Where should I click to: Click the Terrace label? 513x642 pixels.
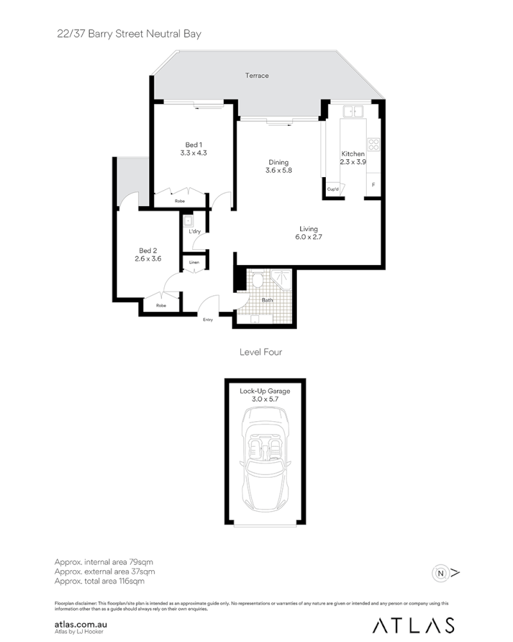256,76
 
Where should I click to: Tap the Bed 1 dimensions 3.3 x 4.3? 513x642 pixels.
193,153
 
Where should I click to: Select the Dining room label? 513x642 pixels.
278,162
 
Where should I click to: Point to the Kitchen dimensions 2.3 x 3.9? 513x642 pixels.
353,162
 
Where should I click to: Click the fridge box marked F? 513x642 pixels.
374,185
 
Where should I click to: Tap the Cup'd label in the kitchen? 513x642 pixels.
332,189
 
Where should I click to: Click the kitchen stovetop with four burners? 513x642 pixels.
374,144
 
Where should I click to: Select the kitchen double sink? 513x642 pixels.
353,112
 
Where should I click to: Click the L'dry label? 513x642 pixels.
194,231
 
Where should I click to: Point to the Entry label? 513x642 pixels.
208,319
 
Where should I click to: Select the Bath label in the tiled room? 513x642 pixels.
267,300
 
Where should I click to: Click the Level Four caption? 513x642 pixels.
260,352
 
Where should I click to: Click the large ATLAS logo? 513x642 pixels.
414,625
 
